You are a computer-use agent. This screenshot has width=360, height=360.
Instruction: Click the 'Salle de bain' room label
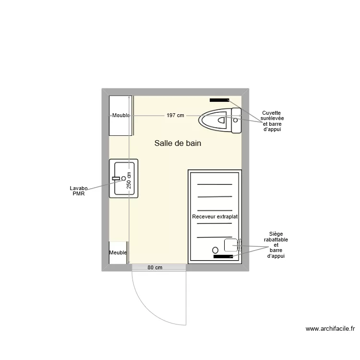[178, 143]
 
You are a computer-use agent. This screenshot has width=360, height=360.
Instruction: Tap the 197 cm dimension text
[175, 116]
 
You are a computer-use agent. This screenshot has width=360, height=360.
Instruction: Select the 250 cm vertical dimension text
[129, 180]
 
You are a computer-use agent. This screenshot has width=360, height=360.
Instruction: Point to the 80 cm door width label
[155, 267]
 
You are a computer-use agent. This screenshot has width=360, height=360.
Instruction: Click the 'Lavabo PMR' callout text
[79, 191]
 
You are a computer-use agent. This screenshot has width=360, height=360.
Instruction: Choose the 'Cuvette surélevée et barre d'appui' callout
[272, 121]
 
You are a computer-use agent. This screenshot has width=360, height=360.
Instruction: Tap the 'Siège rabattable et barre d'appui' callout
[276, 245]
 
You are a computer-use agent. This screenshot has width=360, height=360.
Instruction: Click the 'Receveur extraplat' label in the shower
[215, 216]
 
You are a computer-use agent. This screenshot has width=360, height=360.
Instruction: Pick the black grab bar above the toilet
[219, 100]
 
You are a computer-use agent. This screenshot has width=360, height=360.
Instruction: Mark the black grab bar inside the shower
[223, 256]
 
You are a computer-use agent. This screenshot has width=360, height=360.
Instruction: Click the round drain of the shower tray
[216, 250]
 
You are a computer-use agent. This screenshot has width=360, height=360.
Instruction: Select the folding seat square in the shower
[231, 245]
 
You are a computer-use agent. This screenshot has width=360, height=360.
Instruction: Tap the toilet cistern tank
[236, 120]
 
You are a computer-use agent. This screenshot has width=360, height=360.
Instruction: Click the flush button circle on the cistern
[235, 120]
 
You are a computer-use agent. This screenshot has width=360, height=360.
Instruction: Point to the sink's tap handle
[116, 179]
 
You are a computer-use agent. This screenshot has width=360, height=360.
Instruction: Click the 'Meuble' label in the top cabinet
[121, 116]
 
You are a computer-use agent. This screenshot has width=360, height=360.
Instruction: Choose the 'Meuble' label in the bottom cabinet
[118, 252]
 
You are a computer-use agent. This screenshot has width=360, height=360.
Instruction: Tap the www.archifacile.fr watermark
[330, 329]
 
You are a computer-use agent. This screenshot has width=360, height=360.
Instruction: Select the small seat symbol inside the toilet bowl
[221, 120]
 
